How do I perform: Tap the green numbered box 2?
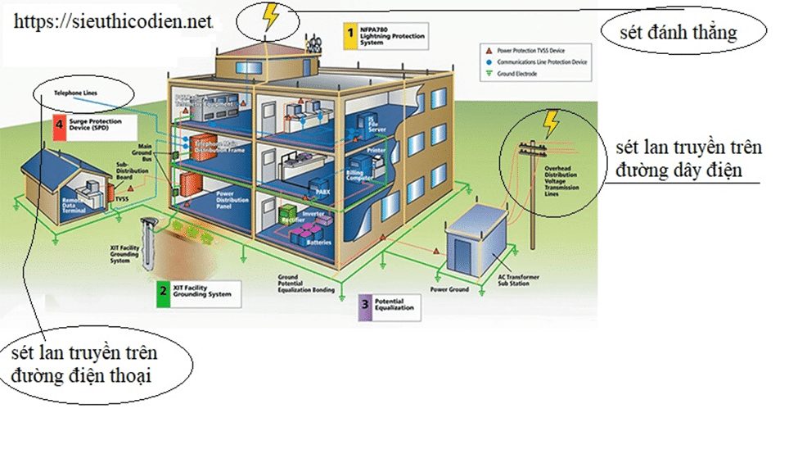pos(164,290)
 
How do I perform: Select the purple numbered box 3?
pos(364,306)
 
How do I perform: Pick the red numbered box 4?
pos(59,125)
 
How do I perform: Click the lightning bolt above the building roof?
pos(269,16)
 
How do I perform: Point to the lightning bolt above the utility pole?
pos(552,124)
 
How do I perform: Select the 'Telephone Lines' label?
pos(75,93)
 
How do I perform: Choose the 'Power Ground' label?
pos(450,289)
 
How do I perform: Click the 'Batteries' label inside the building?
pos(318,242)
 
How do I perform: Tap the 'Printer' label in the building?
pos(376,151)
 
